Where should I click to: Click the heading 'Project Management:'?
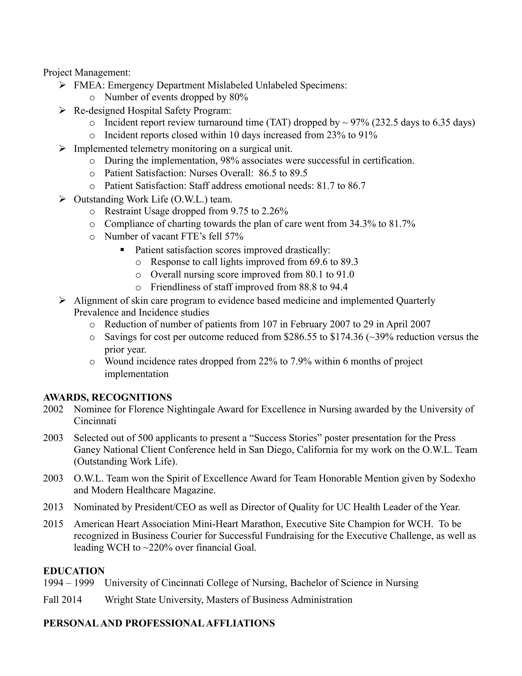87,72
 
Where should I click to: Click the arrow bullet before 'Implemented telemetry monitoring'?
62,148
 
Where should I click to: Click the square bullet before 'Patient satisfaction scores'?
122,249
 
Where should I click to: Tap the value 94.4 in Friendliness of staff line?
339,287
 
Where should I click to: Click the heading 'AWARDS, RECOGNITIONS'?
107,397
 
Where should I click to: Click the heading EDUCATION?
74,571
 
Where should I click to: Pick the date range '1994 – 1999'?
68,583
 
